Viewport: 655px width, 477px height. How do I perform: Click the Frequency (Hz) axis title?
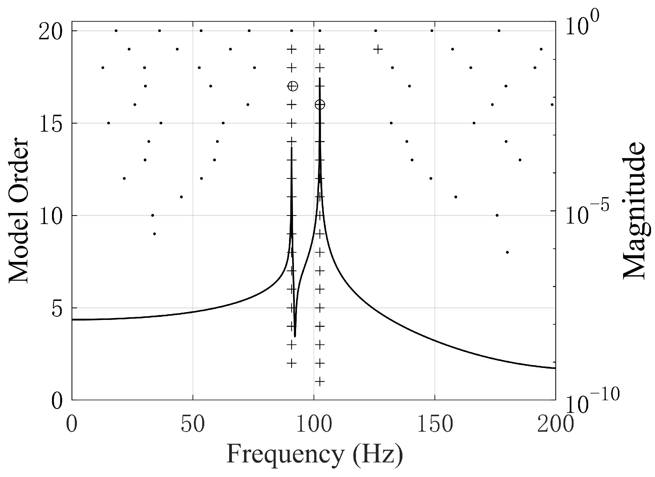[x=315, y=455]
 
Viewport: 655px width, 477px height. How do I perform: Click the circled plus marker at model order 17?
[x=292, y=86]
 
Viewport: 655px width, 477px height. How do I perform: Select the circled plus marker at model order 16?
[x=320, y=105]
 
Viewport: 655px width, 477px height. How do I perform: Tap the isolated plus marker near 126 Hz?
[x=378, y=49]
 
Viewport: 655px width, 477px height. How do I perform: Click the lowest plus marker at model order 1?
[x=320, y=382]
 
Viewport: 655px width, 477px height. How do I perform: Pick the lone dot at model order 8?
[x=507, y=252]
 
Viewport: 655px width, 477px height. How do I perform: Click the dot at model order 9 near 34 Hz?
[x=154, y=234]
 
